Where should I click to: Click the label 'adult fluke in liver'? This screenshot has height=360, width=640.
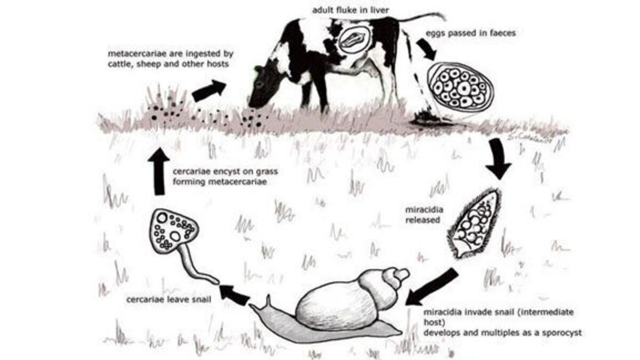(350, 10)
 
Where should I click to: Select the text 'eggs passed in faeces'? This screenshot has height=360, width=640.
(471, 33)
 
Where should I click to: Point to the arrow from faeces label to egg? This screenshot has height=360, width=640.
(426, 49)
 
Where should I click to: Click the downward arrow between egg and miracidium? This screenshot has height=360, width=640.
(498, 158)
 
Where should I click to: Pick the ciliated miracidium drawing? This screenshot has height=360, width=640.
(474, 223)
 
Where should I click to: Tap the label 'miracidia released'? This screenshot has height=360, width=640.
(425, 215)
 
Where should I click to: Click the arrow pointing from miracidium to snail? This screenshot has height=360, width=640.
(431, 287)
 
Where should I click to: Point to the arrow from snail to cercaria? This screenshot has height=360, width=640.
(234, 294)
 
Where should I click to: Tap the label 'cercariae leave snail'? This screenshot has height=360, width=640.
(169, 300)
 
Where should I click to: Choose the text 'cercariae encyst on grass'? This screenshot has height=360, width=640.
(225, 172)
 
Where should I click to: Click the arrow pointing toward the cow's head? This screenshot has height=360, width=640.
(209, 91)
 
